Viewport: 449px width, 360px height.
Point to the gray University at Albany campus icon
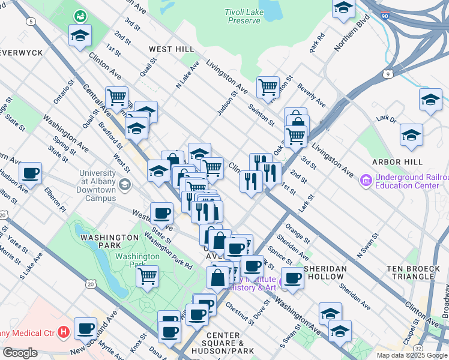point(124,184)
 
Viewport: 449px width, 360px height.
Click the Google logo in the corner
point(19,353)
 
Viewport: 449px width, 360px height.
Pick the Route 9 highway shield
point(388,74)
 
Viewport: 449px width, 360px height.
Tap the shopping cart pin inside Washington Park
point(147,277)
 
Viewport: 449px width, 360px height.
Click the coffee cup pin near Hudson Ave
point(30,173)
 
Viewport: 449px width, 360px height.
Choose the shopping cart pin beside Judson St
point(268,87)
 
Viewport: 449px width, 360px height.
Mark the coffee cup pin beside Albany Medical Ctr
point(86,328)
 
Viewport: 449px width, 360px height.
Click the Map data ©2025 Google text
point(412,355)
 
